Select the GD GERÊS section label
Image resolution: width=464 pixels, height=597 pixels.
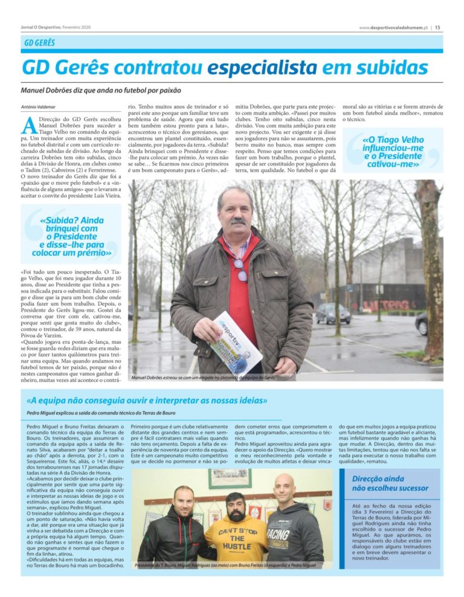pos(39,43)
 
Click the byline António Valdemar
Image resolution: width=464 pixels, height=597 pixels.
pos(38,107)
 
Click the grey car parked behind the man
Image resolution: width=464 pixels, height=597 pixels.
pos(333,312)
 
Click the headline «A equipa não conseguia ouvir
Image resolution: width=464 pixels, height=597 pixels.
pos(147,400)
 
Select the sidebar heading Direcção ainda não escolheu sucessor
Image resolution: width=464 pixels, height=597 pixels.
pos(390,483)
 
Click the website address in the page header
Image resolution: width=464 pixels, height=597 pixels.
pos(393,27)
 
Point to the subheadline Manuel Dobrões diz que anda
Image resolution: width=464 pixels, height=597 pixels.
pos(101,90)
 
